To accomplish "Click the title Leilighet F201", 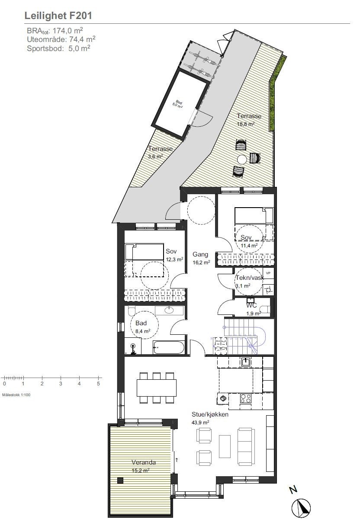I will coord(58,16).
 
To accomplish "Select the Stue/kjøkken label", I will coord(210,414).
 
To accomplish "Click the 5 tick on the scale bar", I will coord(98,383).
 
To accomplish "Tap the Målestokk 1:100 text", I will coord(16,394).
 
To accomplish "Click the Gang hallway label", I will coord(201,255).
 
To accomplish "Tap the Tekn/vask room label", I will coord(249,279).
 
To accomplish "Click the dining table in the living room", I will coord(157,388).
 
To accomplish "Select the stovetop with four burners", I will coord(246,398).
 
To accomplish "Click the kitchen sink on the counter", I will coord(246,362).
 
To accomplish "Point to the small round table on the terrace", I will coord(241,159).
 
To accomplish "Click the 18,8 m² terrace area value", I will coord(245,124).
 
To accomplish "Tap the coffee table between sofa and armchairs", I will coord(225,446).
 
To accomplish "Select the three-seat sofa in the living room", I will coord(246,446).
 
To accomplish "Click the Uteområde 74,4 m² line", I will coord(61,39).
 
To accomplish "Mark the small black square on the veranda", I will coord(120,480).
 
